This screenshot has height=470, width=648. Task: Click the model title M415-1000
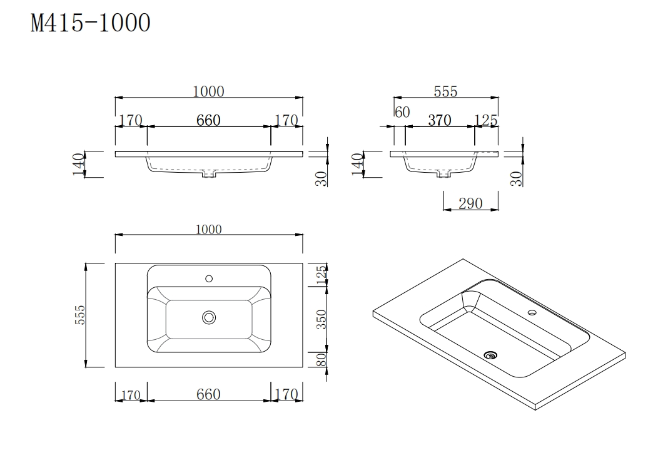click(x=91, y=23)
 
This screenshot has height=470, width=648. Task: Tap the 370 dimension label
click(x=439, y=120)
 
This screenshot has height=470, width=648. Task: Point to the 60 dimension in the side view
click(x=402, y=113)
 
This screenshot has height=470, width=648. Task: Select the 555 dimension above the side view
click(x=445, y=91)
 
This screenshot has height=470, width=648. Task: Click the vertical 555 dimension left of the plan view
click(x=80, y=316)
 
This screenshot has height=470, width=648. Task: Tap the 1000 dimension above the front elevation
click(x=208, y=91)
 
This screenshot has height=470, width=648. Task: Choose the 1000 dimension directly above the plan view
click(x=208, y=229)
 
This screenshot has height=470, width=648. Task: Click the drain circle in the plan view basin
click(x=209, y=318)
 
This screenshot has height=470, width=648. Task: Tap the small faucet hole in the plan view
click(x=209, y=278)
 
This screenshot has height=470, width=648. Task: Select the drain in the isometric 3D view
click(x=491, y=355)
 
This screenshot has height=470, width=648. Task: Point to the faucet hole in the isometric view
click(x=532, y=312)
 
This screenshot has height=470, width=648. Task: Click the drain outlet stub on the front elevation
click(x=209, y=175)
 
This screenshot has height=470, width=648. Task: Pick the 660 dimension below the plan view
click(x=208, y=394)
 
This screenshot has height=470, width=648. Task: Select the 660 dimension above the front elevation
click(x=208, y=120)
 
